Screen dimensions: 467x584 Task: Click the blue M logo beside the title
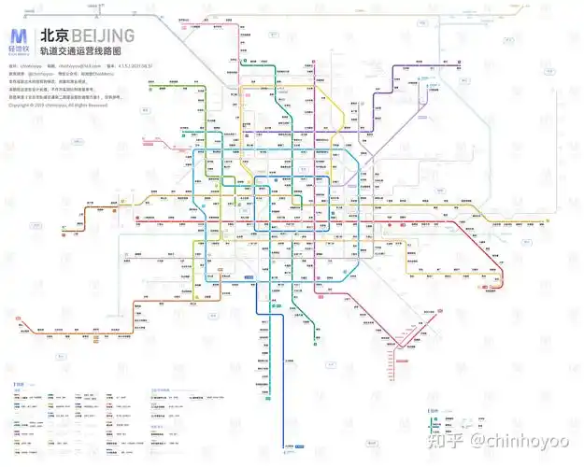click(x=20, y=36)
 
